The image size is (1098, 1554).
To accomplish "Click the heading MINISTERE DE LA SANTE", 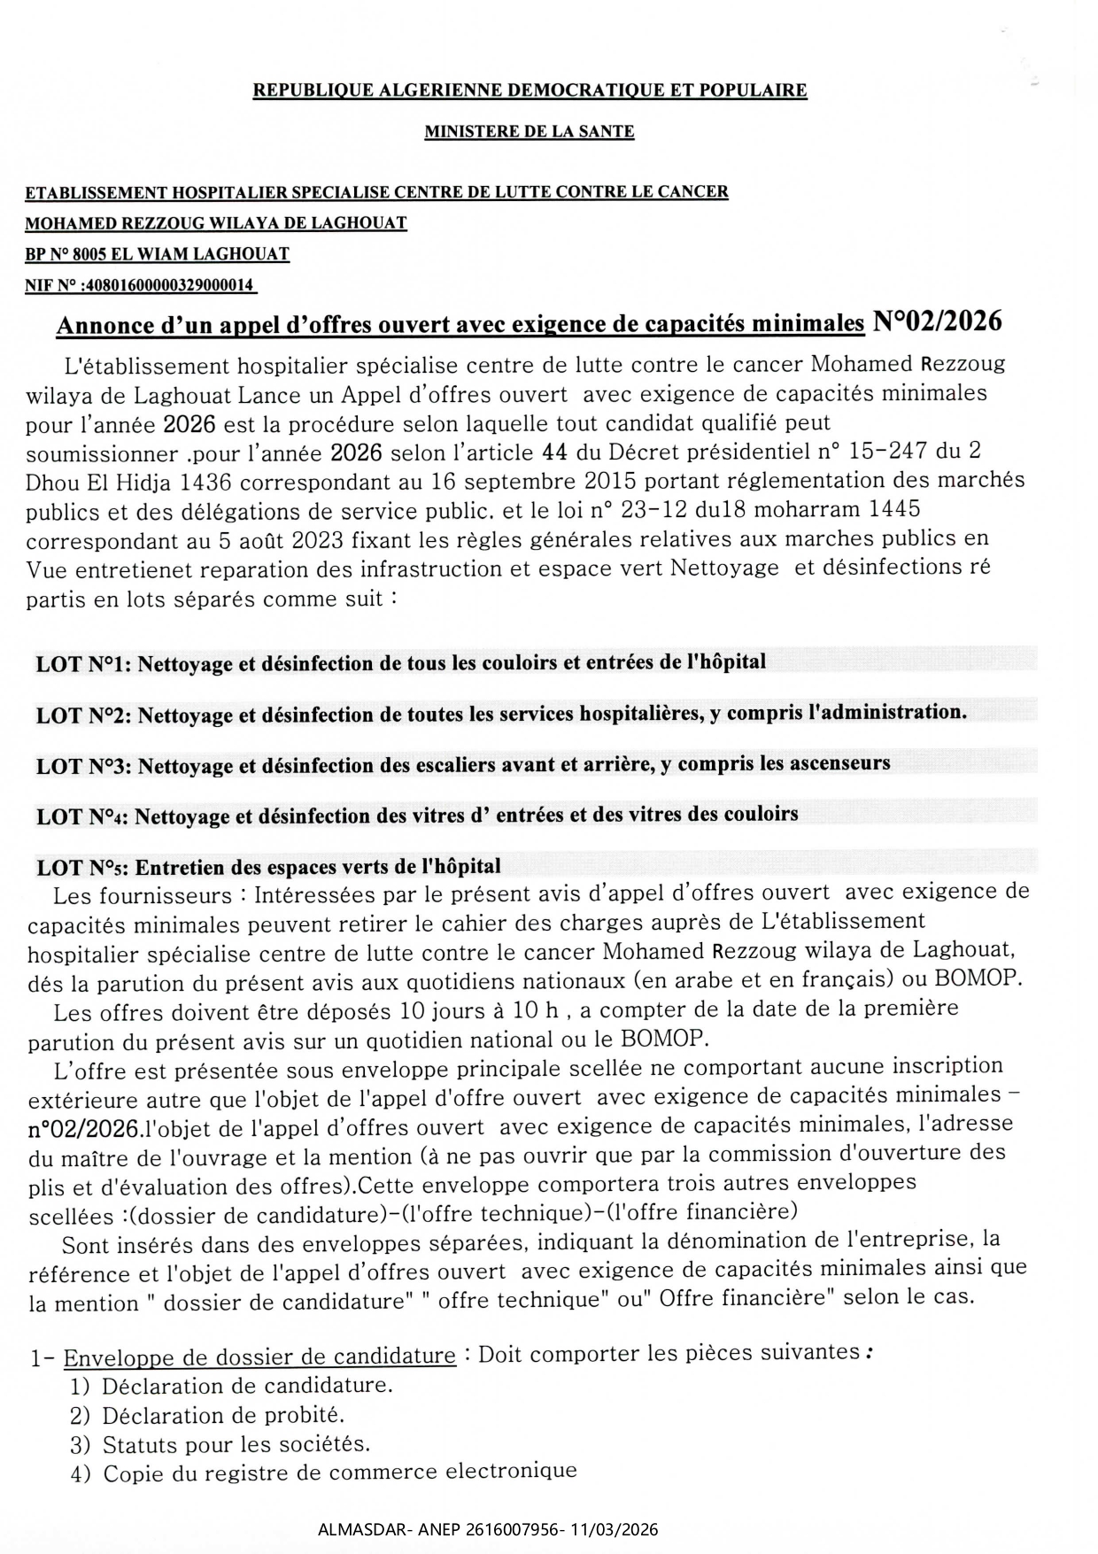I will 529,132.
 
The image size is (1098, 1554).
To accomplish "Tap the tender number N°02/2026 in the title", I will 937,321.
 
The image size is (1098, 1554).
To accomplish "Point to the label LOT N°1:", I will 83,663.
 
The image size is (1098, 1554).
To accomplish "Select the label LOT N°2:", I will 83,715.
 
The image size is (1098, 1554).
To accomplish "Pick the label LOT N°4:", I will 82,816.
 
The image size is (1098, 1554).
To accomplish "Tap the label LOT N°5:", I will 82,867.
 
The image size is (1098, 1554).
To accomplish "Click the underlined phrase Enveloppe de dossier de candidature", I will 259,1357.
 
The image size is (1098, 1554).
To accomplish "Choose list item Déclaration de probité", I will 223,1415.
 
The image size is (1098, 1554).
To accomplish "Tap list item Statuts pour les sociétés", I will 236,1444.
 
